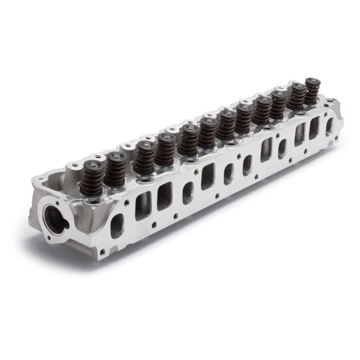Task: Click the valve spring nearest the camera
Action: coord(92,177)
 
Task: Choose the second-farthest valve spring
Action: coord(297,97)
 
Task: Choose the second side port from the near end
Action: coord(142,205)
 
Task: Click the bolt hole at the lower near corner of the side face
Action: coord(102,252)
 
